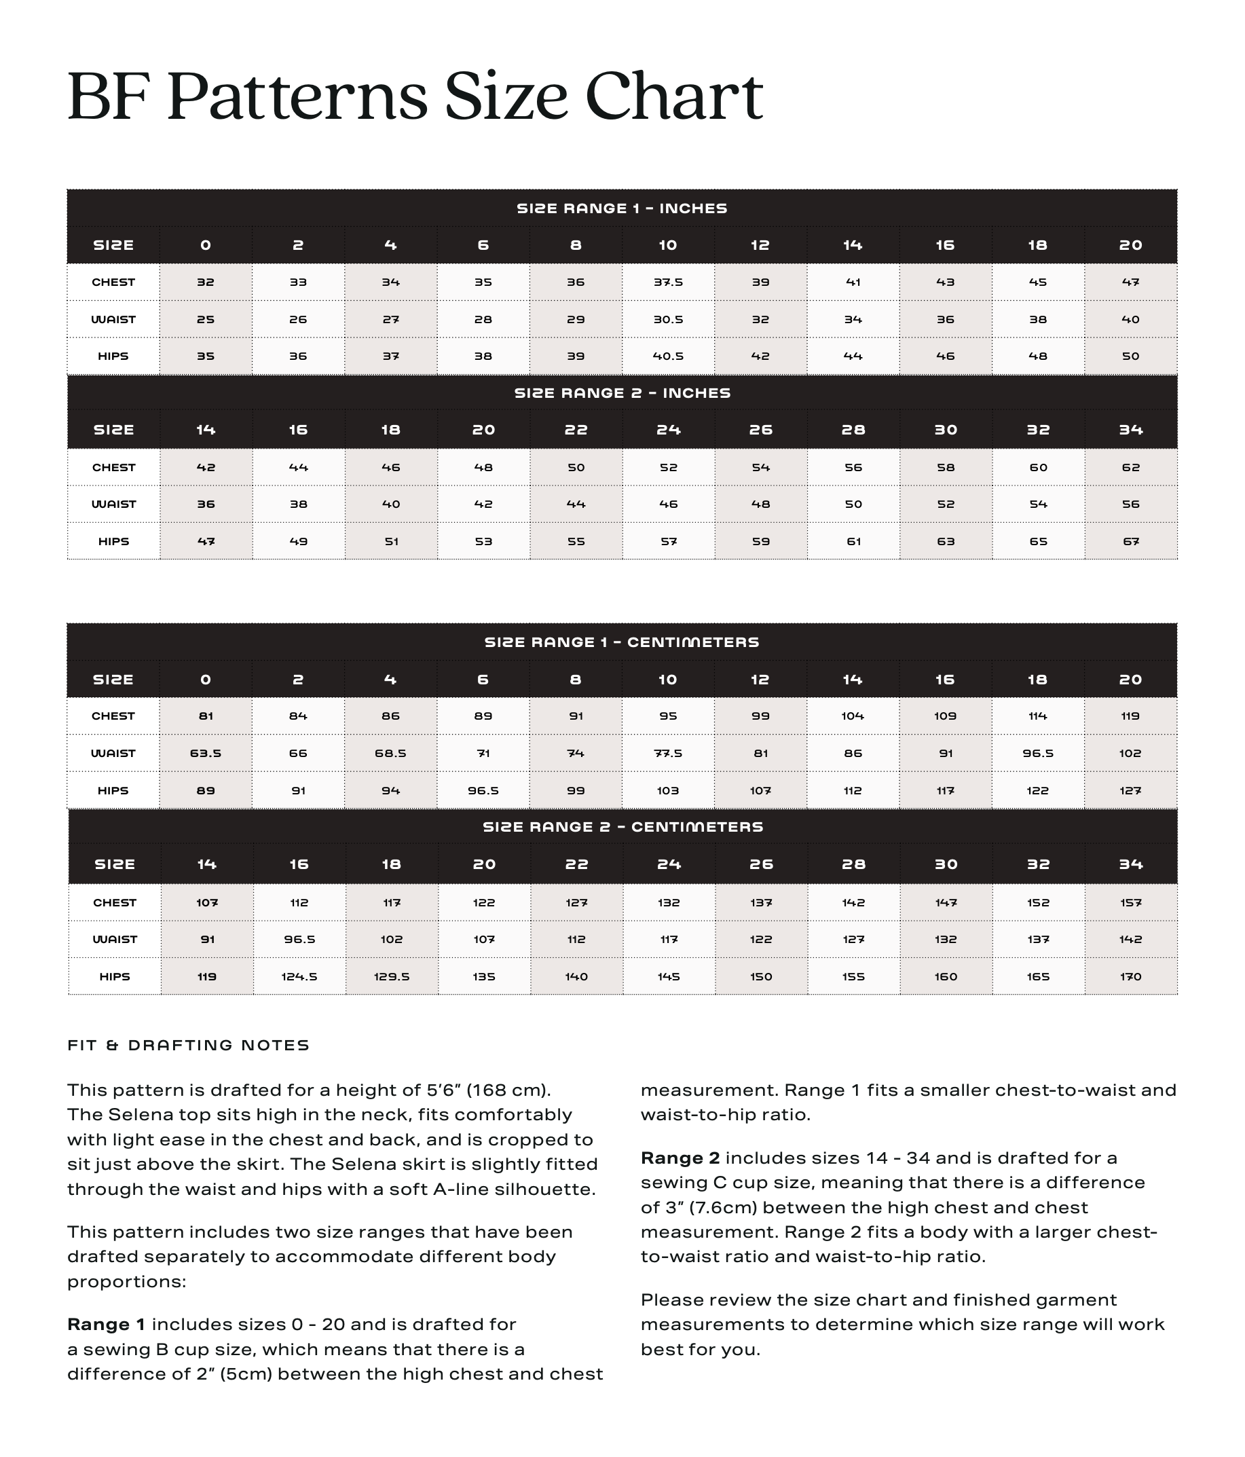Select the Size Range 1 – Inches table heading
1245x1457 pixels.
click(x=621, y=208)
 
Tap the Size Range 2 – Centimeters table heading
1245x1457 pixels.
click(x=623, y=827)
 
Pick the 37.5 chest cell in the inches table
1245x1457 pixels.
click(x=668, y=282)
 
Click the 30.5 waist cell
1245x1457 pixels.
click(x=668, y=319)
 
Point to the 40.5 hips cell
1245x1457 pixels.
click(x=668, y=356)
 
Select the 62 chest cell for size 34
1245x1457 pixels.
click(x=1130, y=467)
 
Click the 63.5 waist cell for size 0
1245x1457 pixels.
click(x=205, y=753)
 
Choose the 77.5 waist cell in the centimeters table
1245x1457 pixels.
click(x=668, y=753)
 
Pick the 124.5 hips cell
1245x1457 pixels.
click(x=299, y=977)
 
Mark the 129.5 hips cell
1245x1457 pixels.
click(x=392, y=977)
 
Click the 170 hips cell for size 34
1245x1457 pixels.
click(x=1130, y=977)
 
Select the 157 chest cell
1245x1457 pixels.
click(x=1130, y=902)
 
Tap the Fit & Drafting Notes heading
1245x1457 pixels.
click(x=189, y=1046)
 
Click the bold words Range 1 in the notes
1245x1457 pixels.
click(x=106, y=1325)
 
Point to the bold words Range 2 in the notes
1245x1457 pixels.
click(x=680, y=1158)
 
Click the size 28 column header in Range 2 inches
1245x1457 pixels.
click(x=853, y=430)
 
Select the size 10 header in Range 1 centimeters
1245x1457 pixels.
click(x=668, y=679)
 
